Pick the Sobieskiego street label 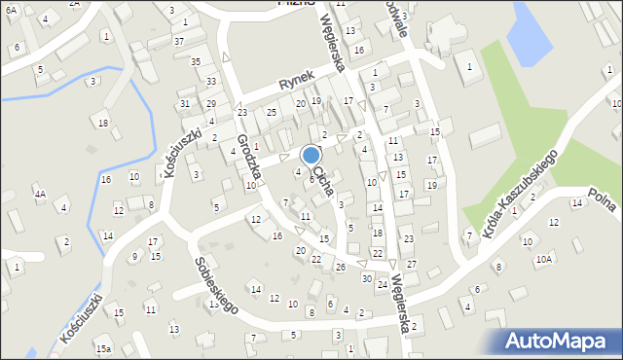[x=216, y=284]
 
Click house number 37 [x=179, y=41]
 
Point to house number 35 [x=196, y=62]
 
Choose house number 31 [x=185, y=104]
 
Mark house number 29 [x=210, y=104]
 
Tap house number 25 [x=273, y=113]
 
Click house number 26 [x=341, y=267]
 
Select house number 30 [x=366, y=278]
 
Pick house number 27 [x=411, y=265]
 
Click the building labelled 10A [x=543, y=260]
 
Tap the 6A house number [x=11, y=9]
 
